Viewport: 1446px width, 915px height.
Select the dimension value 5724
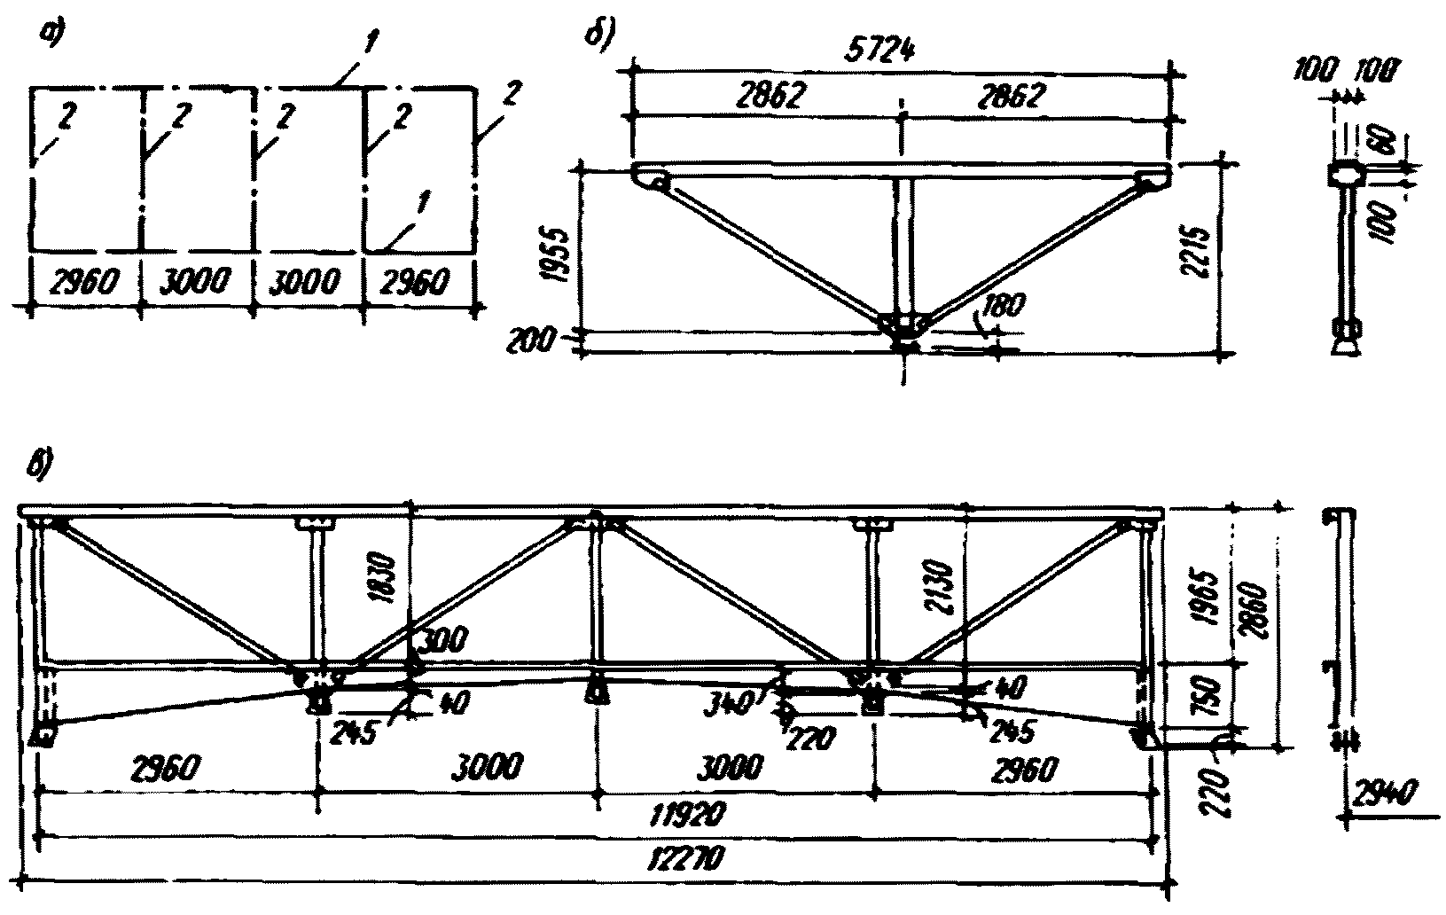tap(899, 51)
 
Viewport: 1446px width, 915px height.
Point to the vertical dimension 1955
tap(555, 251)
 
